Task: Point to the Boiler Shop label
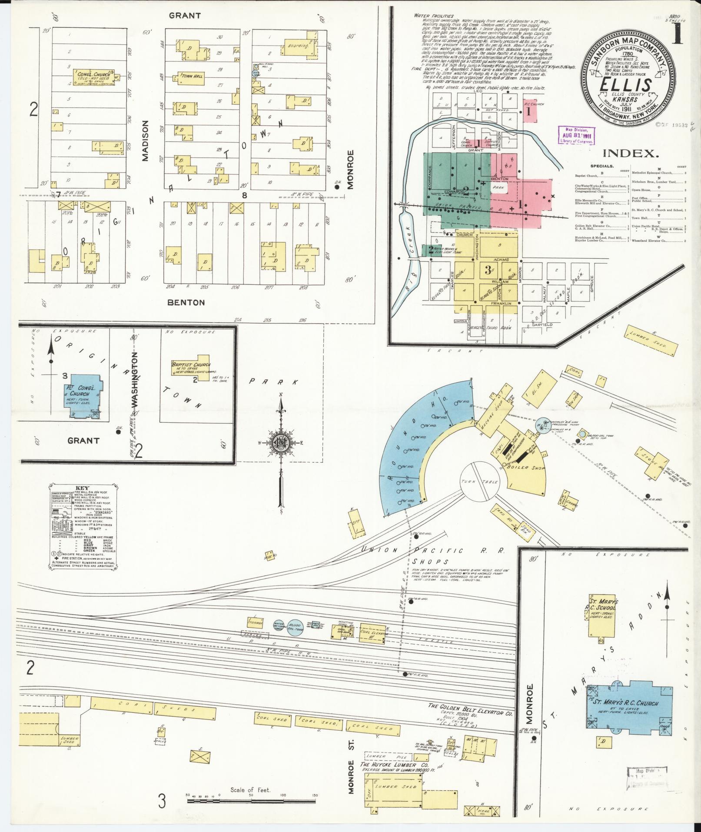pyautogui.click(x=527, y=468)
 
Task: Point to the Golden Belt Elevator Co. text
pyautogui.click(x=470, y=713)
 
